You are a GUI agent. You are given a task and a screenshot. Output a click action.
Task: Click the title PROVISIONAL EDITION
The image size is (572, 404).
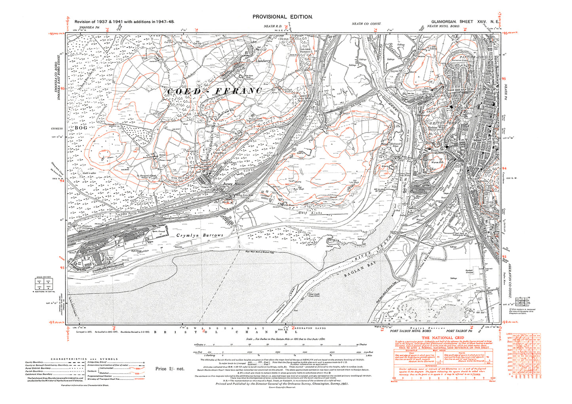tap(283, 17)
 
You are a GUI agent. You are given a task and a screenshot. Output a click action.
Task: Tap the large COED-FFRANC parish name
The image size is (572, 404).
tap(214, 91)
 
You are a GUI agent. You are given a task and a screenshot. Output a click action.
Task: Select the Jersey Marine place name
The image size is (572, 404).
tap(234, 184)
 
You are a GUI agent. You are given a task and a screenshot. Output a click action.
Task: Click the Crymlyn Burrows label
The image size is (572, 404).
tap(200, 235)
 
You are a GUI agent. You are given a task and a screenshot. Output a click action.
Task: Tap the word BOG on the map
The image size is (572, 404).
tap(80, 128)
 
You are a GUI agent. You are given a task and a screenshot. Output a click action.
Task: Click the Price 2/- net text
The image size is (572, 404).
tap(170, 368)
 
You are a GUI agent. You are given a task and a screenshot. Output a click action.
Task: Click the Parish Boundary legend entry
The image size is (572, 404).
tap(34, 371)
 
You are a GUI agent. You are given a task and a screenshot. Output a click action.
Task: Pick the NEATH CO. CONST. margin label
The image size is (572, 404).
tap(366, 24)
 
